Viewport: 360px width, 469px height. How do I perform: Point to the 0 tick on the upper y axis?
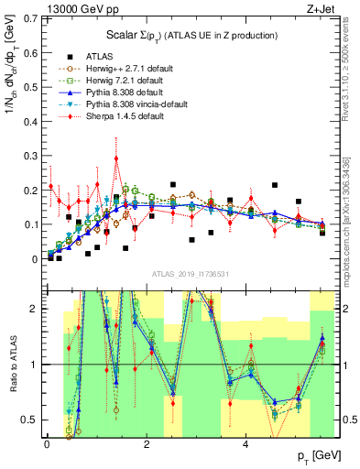tap(37, 259)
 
